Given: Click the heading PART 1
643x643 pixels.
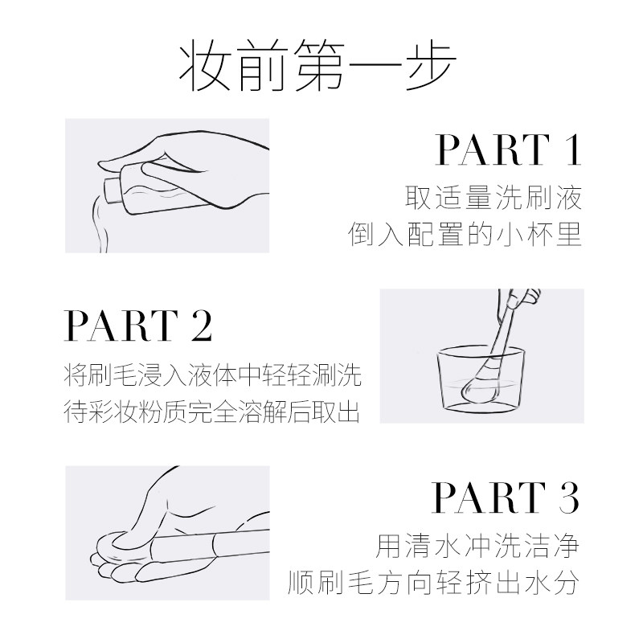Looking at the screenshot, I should (507, 150).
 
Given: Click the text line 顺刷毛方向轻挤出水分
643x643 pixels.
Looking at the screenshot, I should (435, 583).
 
